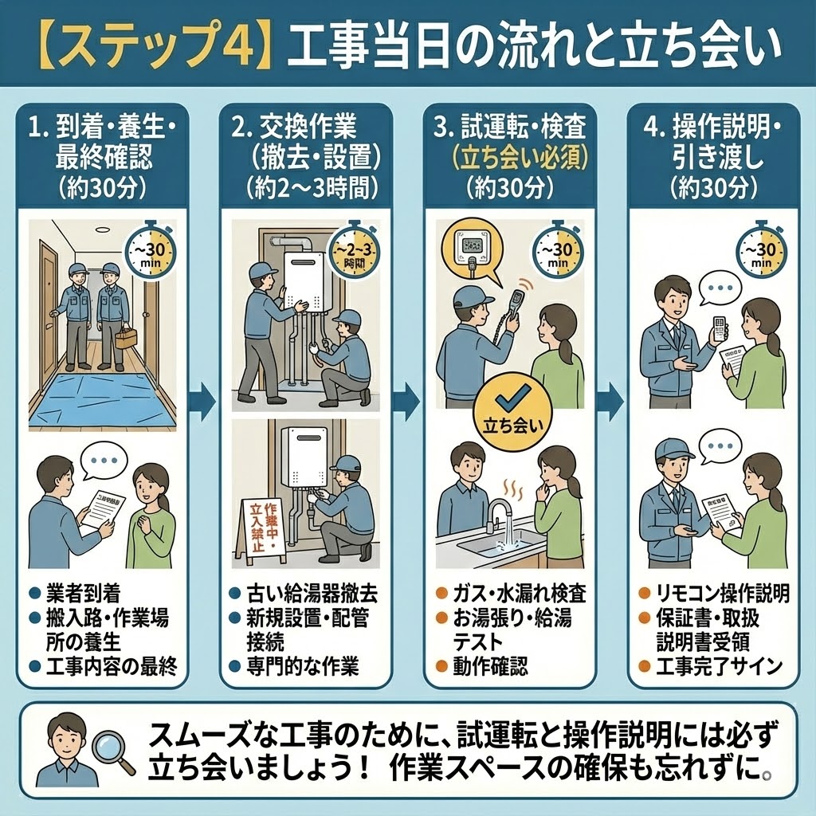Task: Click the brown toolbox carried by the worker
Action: click(x=126, y=337)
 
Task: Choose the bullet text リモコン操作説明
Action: click(x=722, y=594)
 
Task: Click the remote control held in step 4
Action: click(x=720, y=328)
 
